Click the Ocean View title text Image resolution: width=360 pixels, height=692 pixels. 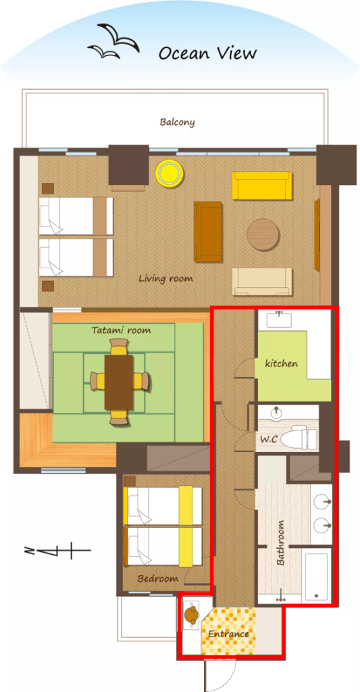pyautogui.click(x=207, y=53)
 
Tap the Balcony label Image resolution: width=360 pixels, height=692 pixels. pyautogui.click(x=178, y=122)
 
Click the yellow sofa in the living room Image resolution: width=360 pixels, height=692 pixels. pyautogui.click(x=262, y=185)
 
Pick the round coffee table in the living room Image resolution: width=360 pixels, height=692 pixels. pyautogui.click(x=263, y=234)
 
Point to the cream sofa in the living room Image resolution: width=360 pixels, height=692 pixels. pyautogui.click(x=262, y=281)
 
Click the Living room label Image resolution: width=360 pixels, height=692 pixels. pyautogui.click(x=166, y=279)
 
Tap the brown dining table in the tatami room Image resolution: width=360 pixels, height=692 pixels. pyautogui.click(x=119, y=382)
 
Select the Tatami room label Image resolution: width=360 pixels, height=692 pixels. pyautogui.click(x=121, y=330)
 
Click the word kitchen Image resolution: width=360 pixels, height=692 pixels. pyautogui.click(x=282, y=364)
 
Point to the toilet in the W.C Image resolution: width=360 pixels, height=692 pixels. pyautogui.click(x=299, y=437)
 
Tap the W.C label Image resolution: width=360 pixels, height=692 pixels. pyautogui.click(x=268, y=439)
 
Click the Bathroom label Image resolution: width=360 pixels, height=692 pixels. pyautogui.click(x=280, y=543)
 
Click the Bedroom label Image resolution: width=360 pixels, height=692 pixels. pyautogui.click(x=158, y=578)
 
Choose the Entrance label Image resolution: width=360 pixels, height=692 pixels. pyautogui.click(x=228, y=634)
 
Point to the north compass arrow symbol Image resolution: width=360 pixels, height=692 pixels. pyautogui.click(x=57, y=551)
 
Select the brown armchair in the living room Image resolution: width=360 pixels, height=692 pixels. pyautogui.click(x=208, y=232)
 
